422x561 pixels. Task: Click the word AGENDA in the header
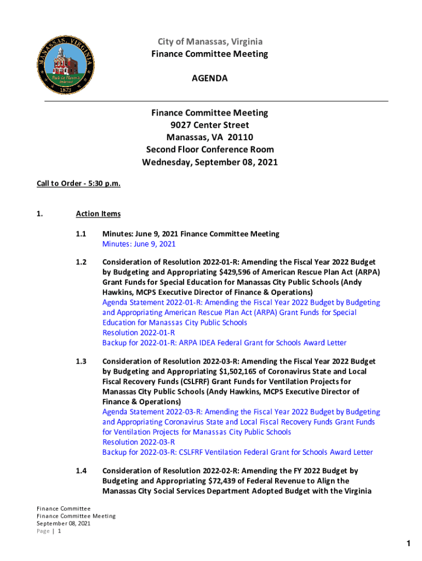click(209, 79)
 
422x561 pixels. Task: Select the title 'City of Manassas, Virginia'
click(210, 42)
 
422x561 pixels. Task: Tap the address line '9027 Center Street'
click(210, 125)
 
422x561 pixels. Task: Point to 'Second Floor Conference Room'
click(210, 150)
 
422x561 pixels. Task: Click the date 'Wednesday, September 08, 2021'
click(210, 162)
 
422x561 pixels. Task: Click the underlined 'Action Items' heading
click(98, 214)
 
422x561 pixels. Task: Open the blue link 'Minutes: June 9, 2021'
click(139, 244)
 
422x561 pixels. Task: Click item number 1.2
click(81, 262)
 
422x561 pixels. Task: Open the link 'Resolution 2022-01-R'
click(139, 333)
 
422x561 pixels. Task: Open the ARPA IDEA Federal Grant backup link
click(224, 343)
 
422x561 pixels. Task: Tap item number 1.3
click(81, 362)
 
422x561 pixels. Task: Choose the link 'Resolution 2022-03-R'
click(139, 442)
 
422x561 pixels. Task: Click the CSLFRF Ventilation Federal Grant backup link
click(237, 453)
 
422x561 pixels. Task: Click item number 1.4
click(81, 471)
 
